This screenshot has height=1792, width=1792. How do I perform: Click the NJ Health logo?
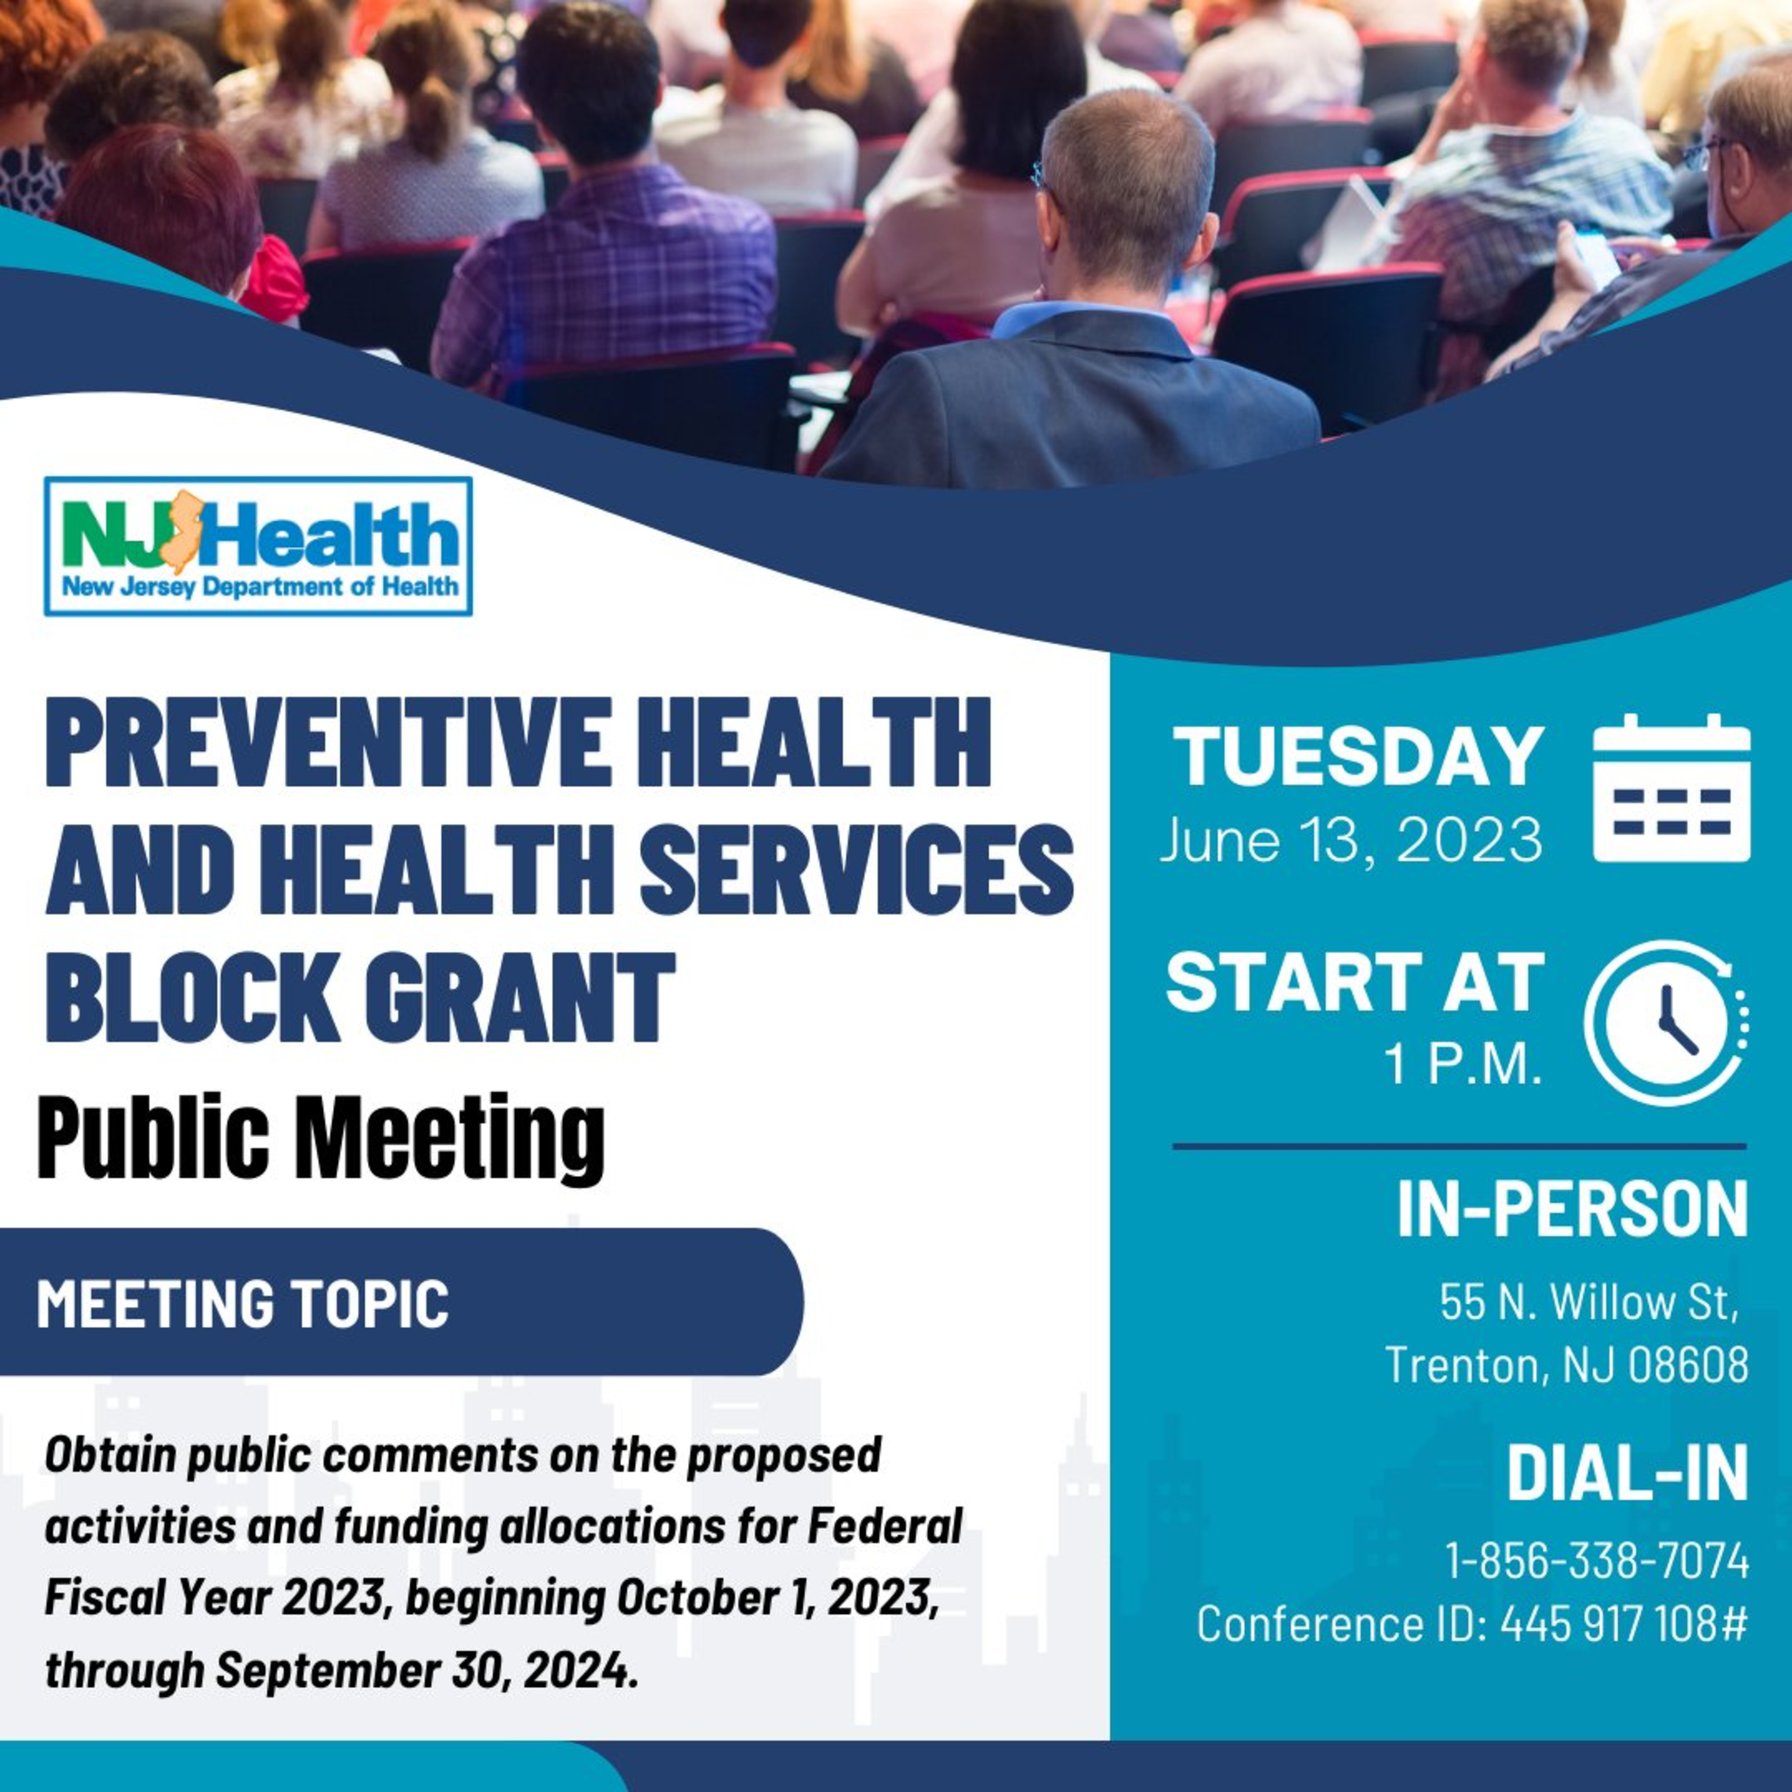click(x=258, y=546)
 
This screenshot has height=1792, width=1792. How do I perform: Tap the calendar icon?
click(x=1671, y=788)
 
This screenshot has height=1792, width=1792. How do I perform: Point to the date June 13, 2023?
click(x=1351, y=840)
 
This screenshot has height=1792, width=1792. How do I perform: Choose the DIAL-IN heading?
click(x=1627, y=1472)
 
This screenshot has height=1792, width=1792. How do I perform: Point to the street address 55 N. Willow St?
click(x=1587, y=1302)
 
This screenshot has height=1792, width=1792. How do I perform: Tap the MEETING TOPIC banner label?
click(x=243, y=1302)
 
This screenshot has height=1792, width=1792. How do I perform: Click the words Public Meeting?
click(x=321, y=1138)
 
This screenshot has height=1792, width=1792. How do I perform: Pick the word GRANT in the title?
click(x=520, y=996)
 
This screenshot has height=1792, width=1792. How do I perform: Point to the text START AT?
click(x=1355, y=982)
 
